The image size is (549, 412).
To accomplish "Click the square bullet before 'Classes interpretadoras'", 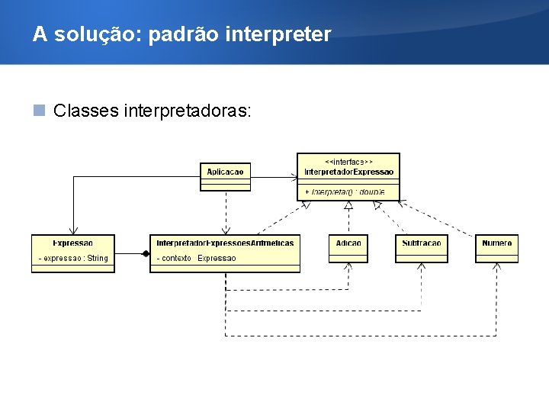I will (x=39, y=111).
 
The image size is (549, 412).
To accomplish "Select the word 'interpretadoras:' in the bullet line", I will (x=200, y=111).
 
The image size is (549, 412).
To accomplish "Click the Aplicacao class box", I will (x=225, y=177).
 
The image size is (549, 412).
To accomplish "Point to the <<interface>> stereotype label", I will (x=348, y=161).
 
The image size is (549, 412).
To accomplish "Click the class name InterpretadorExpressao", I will (x=348, y=172).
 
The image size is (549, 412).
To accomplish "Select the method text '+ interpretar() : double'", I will (x=345, y=191).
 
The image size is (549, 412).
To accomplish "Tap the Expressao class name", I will (x=73, y=243).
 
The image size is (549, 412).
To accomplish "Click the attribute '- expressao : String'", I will (x=73, y=258).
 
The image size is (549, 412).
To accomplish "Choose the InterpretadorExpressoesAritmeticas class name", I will (x=225, y=243).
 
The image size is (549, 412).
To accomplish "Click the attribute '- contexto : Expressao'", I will (x=197, y=258).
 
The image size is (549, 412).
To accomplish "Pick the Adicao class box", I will (x=348, y=248).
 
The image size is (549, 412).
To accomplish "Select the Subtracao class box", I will (x=422, y=248).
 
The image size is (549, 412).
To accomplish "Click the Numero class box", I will (x=496, y=248).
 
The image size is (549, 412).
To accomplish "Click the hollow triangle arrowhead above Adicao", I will (x=348, y=205).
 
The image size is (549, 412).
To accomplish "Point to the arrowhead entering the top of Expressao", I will (x=73, y=230).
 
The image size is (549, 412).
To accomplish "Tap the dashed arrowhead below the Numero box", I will (x=496, y=266).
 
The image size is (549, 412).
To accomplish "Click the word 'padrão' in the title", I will (x=185, y=35).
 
